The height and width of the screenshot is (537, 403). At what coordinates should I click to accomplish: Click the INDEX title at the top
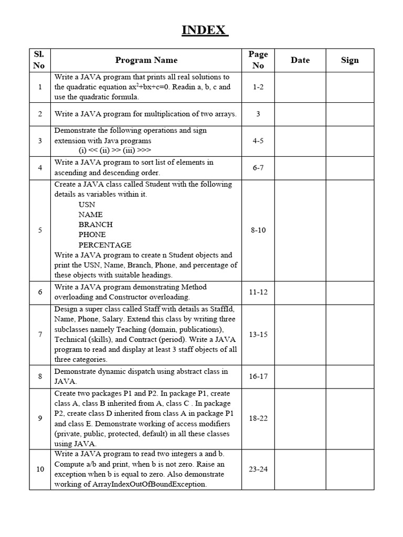point(205,30)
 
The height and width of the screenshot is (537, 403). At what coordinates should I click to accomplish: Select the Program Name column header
point(146,60)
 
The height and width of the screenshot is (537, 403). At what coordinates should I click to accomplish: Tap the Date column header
point(300,60)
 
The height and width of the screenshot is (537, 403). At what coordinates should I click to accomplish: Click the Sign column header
point(350,60)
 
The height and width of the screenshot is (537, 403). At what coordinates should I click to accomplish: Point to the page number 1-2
point(258,87)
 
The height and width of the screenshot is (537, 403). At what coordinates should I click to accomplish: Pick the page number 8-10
point(258,230)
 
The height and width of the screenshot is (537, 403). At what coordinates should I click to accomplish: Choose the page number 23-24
point(258,469)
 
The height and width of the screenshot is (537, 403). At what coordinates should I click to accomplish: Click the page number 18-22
point(258,418)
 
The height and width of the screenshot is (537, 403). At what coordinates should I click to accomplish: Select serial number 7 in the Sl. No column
point(40,334)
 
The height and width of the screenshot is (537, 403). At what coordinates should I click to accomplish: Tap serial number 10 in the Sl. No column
point(40,469)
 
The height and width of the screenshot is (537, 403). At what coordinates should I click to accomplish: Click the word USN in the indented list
point(87,205)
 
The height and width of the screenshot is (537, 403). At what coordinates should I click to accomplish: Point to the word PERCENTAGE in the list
point(105,245)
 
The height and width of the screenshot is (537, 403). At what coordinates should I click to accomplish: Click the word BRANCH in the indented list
point(96,224)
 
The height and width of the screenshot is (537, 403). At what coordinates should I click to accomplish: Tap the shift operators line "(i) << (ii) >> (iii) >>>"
point(115,151)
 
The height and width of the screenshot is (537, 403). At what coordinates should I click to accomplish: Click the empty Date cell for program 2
point(300,114)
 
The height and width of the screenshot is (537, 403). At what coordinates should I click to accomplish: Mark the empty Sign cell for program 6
point(350,292)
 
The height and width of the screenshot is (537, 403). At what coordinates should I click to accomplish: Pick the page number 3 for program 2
point(258,114)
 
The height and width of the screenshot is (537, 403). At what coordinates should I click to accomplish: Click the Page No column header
point(258,60)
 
